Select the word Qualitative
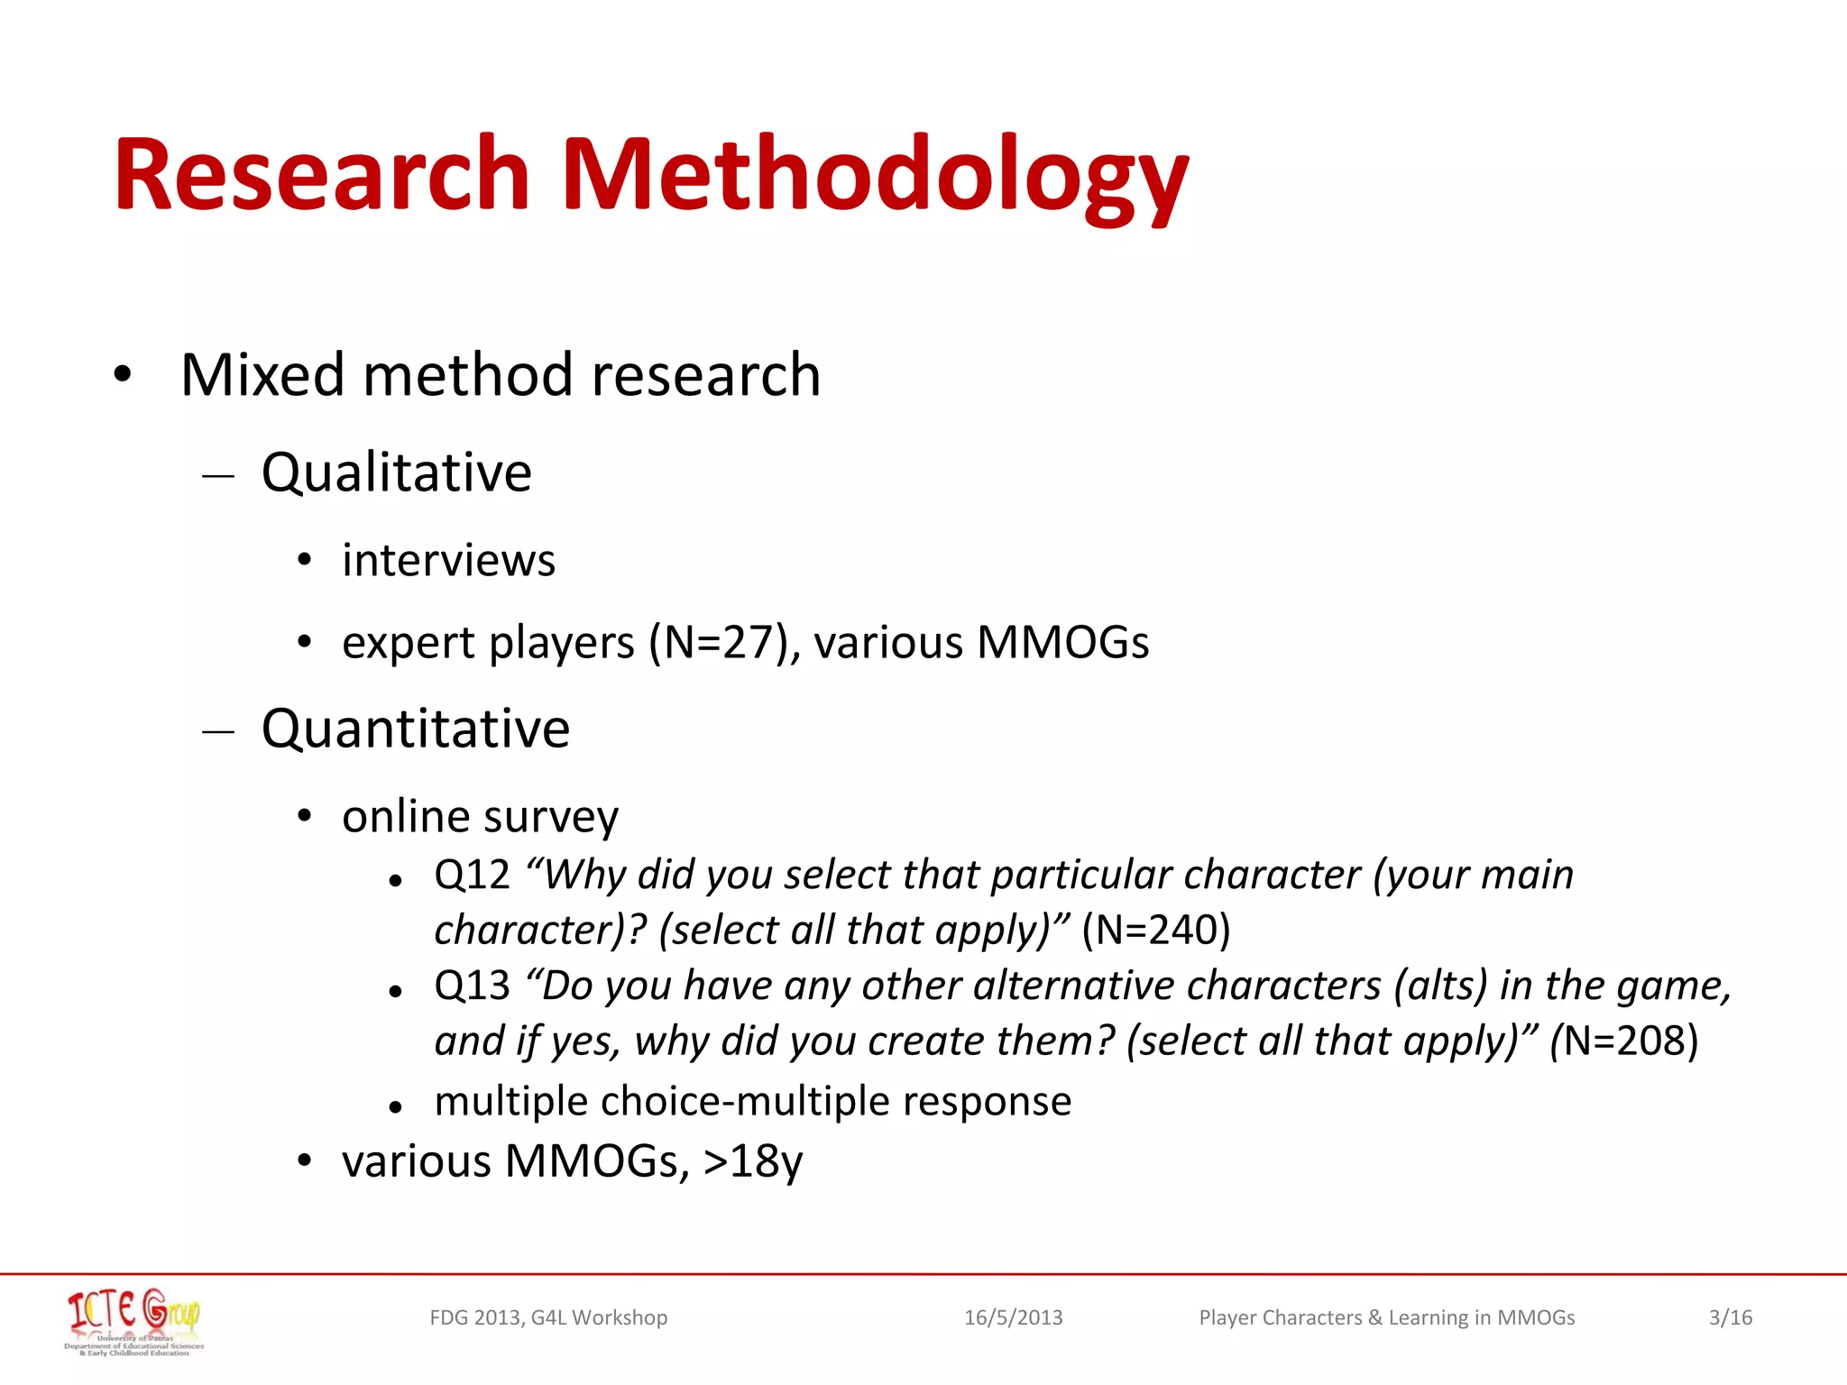click(x=397, y=472)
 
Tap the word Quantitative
click(x=416, y=729)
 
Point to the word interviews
click(x=448, y=561)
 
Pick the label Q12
click(x=472, y=876)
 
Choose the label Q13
click(x=472, y=986)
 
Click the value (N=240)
click(x=1156, y=931)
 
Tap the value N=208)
click(x=1631, y=1041)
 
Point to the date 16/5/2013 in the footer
click(x=1013, y=1318)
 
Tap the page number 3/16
click(x=1730, y=1318)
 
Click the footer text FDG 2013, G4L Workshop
click(x=548, y=1318)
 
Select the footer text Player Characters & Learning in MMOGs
click(x=1386, y=1318)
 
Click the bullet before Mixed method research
click(x=123, y=374)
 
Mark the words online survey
click(x=480, y=817)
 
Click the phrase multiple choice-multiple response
click(x=752, y=1102)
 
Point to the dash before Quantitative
click(x=218, y=731)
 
